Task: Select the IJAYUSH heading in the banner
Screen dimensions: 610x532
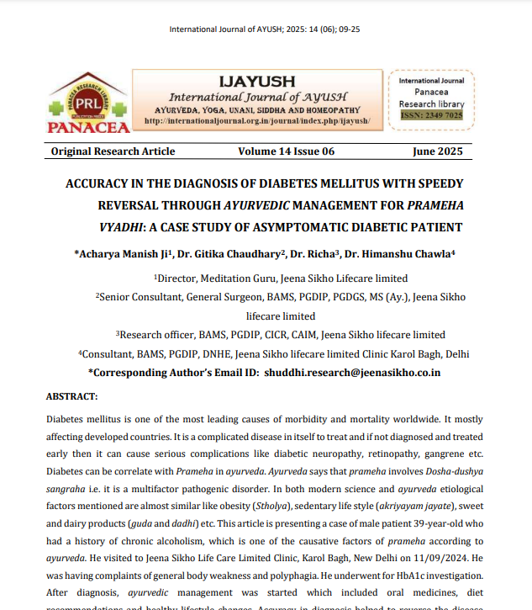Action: (256, 82)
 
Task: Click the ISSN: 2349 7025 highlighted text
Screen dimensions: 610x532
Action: (431, 115)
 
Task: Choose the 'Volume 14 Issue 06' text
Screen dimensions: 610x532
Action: (286, 151)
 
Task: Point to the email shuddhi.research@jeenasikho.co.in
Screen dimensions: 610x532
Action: (352, 372)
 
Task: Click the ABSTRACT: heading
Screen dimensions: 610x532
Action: (71, 395)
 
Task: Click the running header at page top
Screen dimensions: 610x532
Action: (266, 29)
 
